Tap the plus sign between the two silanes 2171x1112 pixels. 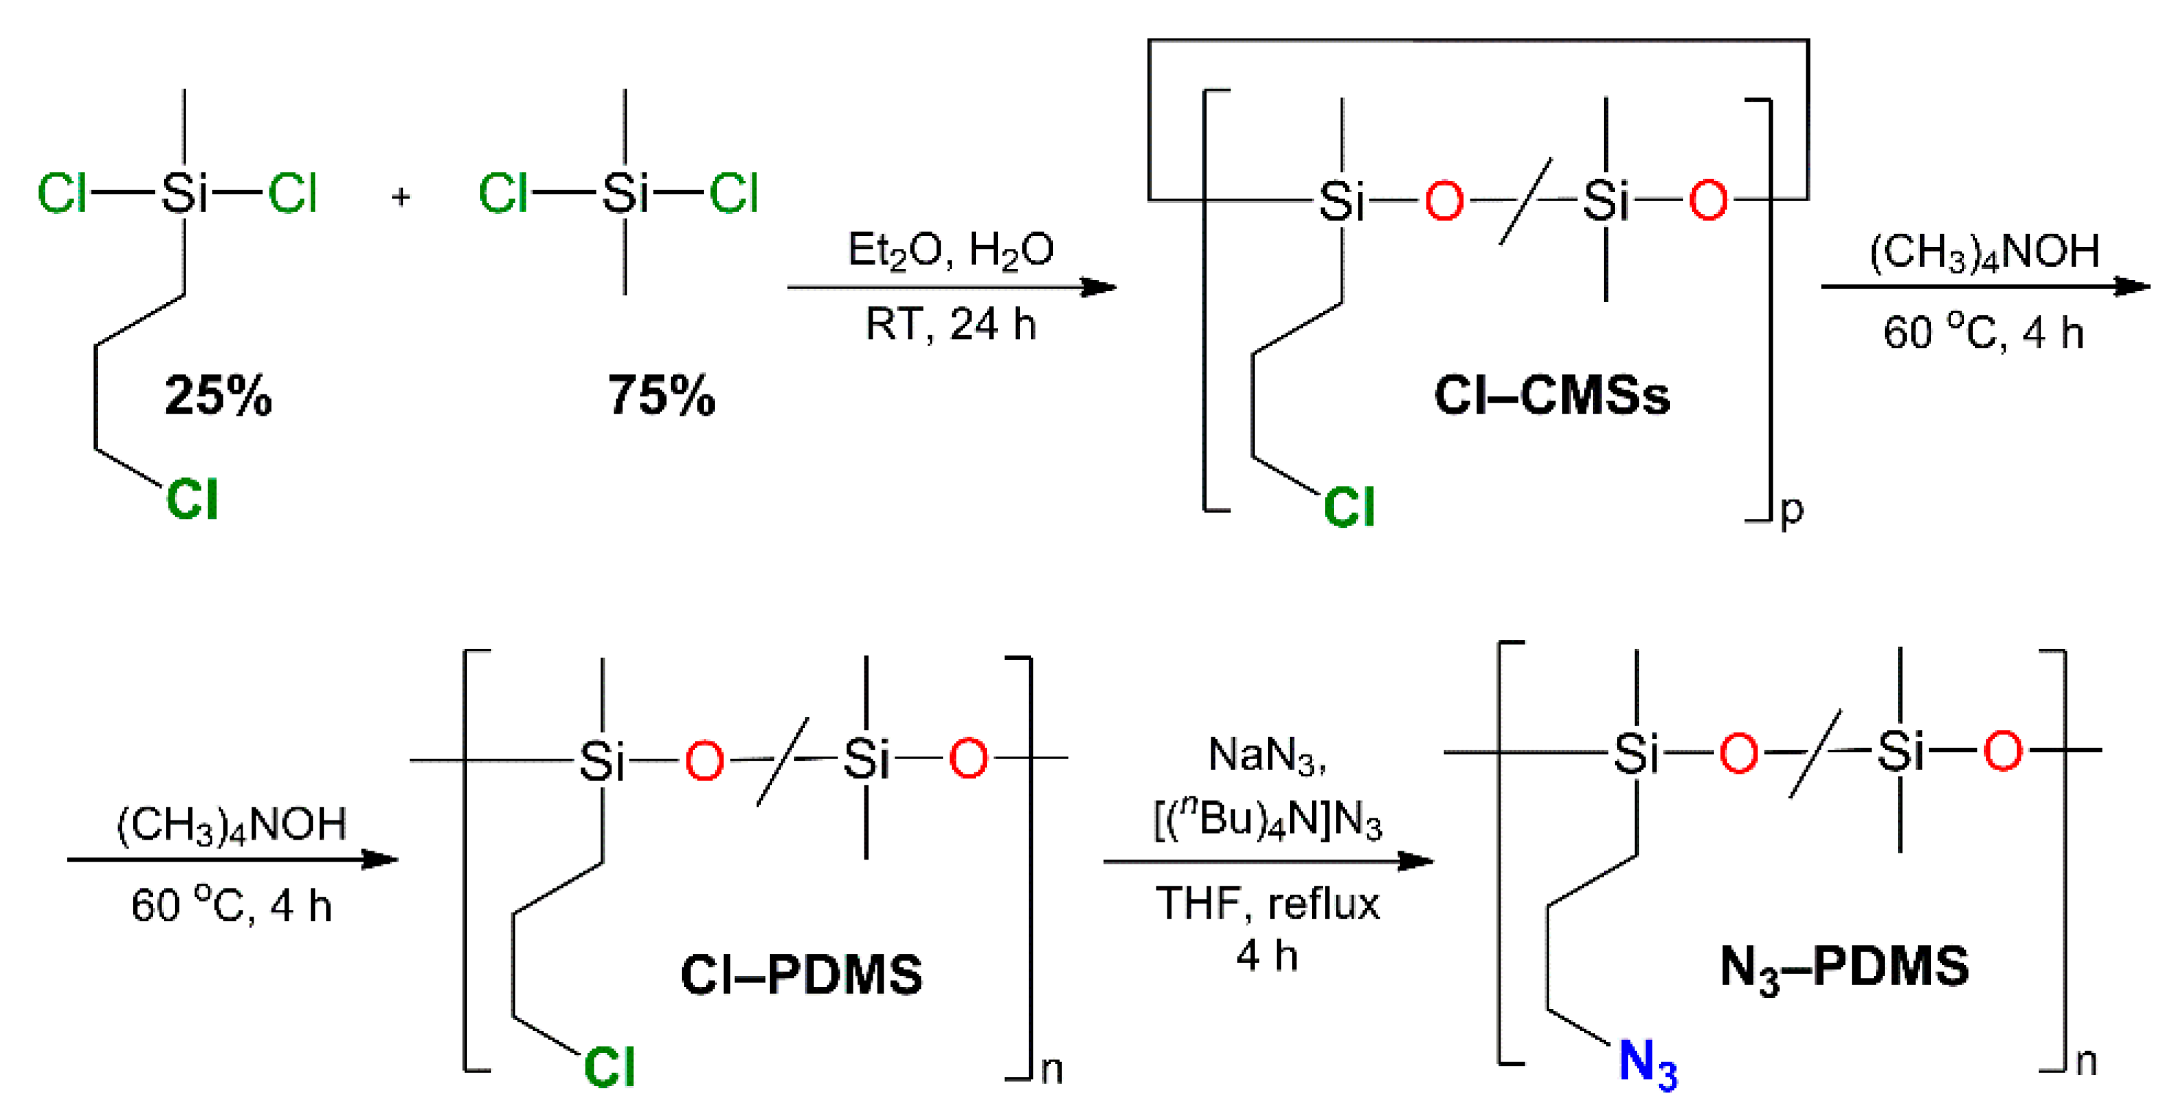pyautogui.click(x=401, y=196)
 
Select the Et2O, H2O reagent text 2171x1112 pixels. pyautogui.click(x=950, y=250)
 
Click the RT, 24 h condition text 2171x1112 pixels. pyautogui.click(x=950, y=324)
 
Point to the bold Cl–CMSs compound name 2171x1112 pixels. pyautogui.click(x=1551, y=394)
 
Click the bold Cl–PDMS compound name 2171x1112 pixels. pyautogui.click(x=801, y=975)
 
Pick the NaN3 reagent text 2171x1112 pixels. pyautogui.click(x=1267, y=755)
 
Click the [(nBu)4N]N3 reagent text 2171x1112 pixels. pyautogui.click(x=1267, y=818)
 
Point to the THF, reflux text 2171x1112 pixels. pyautogui.click(x=1267, y=903)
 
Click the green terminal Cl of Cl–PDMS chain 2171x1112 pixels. pyautogui.click(x=609, y=1067)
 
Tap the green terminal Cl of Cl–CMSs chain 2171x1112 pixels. pyautogui.click(x=1348, y=507)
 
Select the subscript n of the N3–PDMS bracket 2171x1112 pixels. pyautogui.click(x=2086, y=1061)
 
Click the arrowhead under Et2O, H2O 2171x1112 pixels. pyautogui.click(x=1098, y=287)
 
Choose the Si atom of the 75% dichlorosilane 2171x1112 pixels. pyautogui.click(x=624, y=194)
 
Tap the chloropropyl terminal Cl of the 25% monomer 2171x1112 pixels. pyautogui.click(x=192, y=499)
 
